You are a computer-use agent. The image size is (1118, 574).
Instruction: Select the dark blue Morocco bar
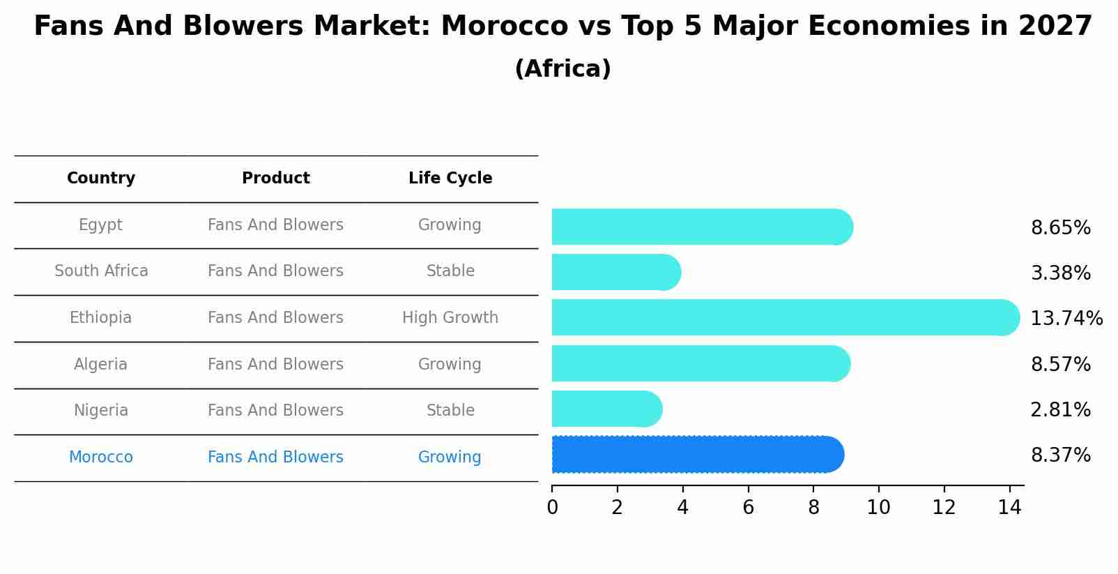pyautogui.click(x=697, y=455)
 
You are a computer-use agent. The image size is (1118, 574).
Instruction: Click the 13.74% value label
pyautogui.click(x=1066, y=319)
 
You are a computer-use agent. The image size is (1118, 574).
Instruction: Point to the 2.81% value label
pyautogui.click(x=1060, y=410)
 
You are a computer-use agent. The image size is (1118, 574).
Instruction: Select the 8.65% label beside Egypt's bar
pyautogui.click(x=1060, y=228)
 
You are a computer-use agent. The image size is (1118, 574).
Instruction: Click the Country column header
pyautogui.click(x=101, y=179)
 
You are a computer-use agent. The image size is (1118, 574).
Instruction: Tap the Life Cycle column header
pyautogui.click(x=450, y=179)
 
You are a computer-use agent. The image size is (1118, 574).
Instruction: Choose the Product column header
pyautogui.click(x=275, y=179)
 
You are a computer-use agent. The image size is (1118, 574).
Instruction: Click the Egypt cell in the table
pyautogui.click(x=100, y=225)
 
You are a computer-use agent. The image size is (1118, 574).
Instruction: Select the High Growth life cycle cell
pyautogui.click(x=450, y=318)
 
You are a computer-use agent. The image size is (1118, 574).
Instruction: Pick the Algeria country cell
pyautogui.click(x=100, y=365)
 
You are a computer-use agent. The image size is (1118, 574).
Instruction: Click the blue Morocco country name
pyautogui.click(x=100, y=458)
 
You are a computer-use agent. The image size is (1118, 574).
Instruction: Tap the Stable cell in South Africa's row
pyautogui.click(x=450, y=271)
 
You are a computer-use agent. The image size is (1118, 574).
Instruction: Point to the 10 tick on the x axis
pyautogui.click(x=878, y=508)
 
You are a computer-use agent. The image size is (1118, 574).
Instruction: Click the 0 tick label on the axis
pyautogui.click(x=552, y=508)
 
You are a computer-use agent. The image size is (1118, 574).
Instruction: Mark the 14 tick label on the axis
pyautogui.click(x=1009, y=508)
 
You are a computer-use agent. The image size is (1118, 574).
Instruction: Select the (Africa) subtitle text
pyautogui.click(x=562, y=69)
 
